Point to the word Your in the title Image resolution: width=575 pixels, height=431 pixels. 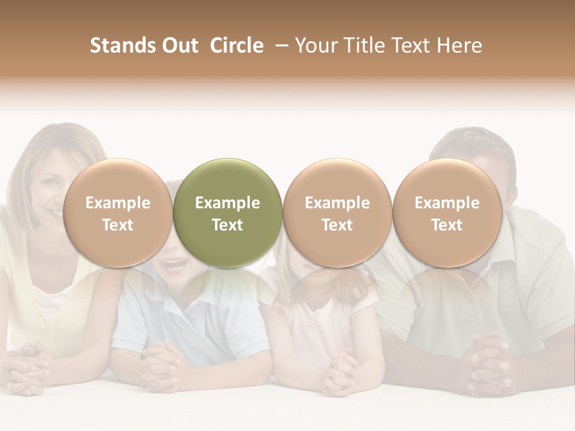317,45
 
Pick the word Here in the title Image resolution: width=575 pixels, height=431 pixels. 459,45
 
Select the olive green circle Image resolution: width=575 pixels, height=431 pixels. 228,213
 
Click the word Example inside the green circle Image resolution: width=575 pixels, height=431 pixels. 228,203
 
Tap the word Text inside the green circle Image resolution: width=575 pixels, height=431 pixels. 228,225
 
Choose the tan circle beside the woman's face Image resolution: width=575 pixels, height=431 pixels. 117,213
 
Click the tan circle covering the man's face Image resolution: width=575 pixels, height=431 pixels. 447,213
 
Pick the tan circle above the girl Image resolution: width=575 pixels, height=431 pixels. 337,213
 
